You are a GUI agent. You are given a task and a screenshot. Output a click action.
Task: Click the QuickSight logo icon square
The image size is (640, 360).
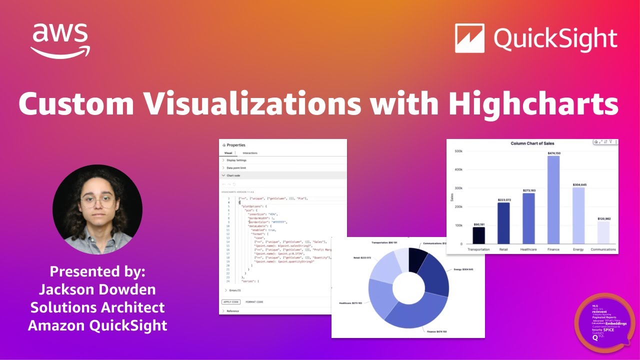point(469,38)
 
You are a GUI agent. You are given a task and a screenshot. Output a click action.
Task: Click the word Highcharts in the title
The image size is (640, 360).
point(533,103)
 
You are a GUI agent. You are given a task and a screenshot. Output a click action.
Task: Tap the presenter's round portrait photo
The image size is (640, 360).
point(97,209)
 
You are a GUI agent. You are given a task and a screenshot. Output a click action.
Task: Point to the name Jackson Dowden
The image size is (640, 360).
point(97,289)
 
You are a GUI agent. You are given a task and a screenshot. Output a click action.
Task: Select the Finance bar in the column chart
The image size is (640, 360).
point(553,200)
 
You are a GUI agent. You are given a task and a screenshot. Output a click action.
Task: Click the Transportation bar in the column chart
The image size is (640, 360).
point(478,235)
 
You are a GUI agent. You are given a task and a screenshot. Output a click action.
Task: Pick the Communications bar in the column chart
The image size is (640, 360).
point(603,232)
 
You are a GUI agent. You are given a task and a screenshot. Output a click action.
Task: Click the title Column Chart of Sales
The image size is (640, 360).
point(532,143)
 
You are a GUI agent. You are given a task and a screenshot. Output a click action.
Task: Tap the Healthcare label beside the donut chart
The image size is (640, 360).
point(349,303)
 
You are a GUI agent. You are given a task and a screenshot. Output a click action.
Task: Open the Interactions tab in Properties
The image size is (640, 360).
point(250,153)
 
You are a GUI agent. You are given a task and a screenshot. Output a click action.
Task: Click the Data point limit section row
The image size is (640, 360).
point(236,168)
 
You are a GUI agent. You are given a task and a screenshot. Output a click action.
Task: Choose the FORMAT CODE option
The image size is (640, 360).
point(254,302)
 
